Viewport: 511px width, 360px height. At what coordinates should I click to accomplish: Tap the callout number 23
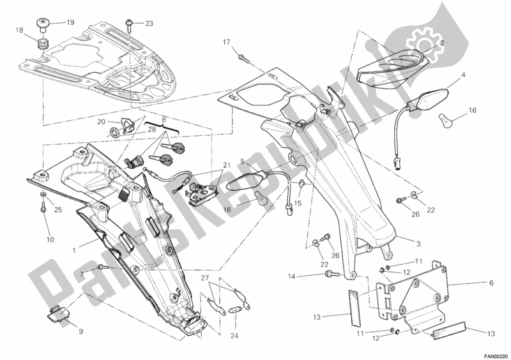(149, 24)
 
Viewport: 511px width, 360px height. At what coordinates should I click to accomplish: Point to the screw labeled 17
(243, 58)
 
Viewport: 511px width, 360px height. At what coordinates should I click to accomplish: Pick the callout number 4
(464, 75)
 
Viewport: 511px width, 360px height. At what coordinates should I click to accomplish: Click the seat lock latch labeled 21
(204, 190)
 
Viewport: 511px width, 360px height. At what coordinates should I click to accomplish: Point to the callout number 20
(101, 121)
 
